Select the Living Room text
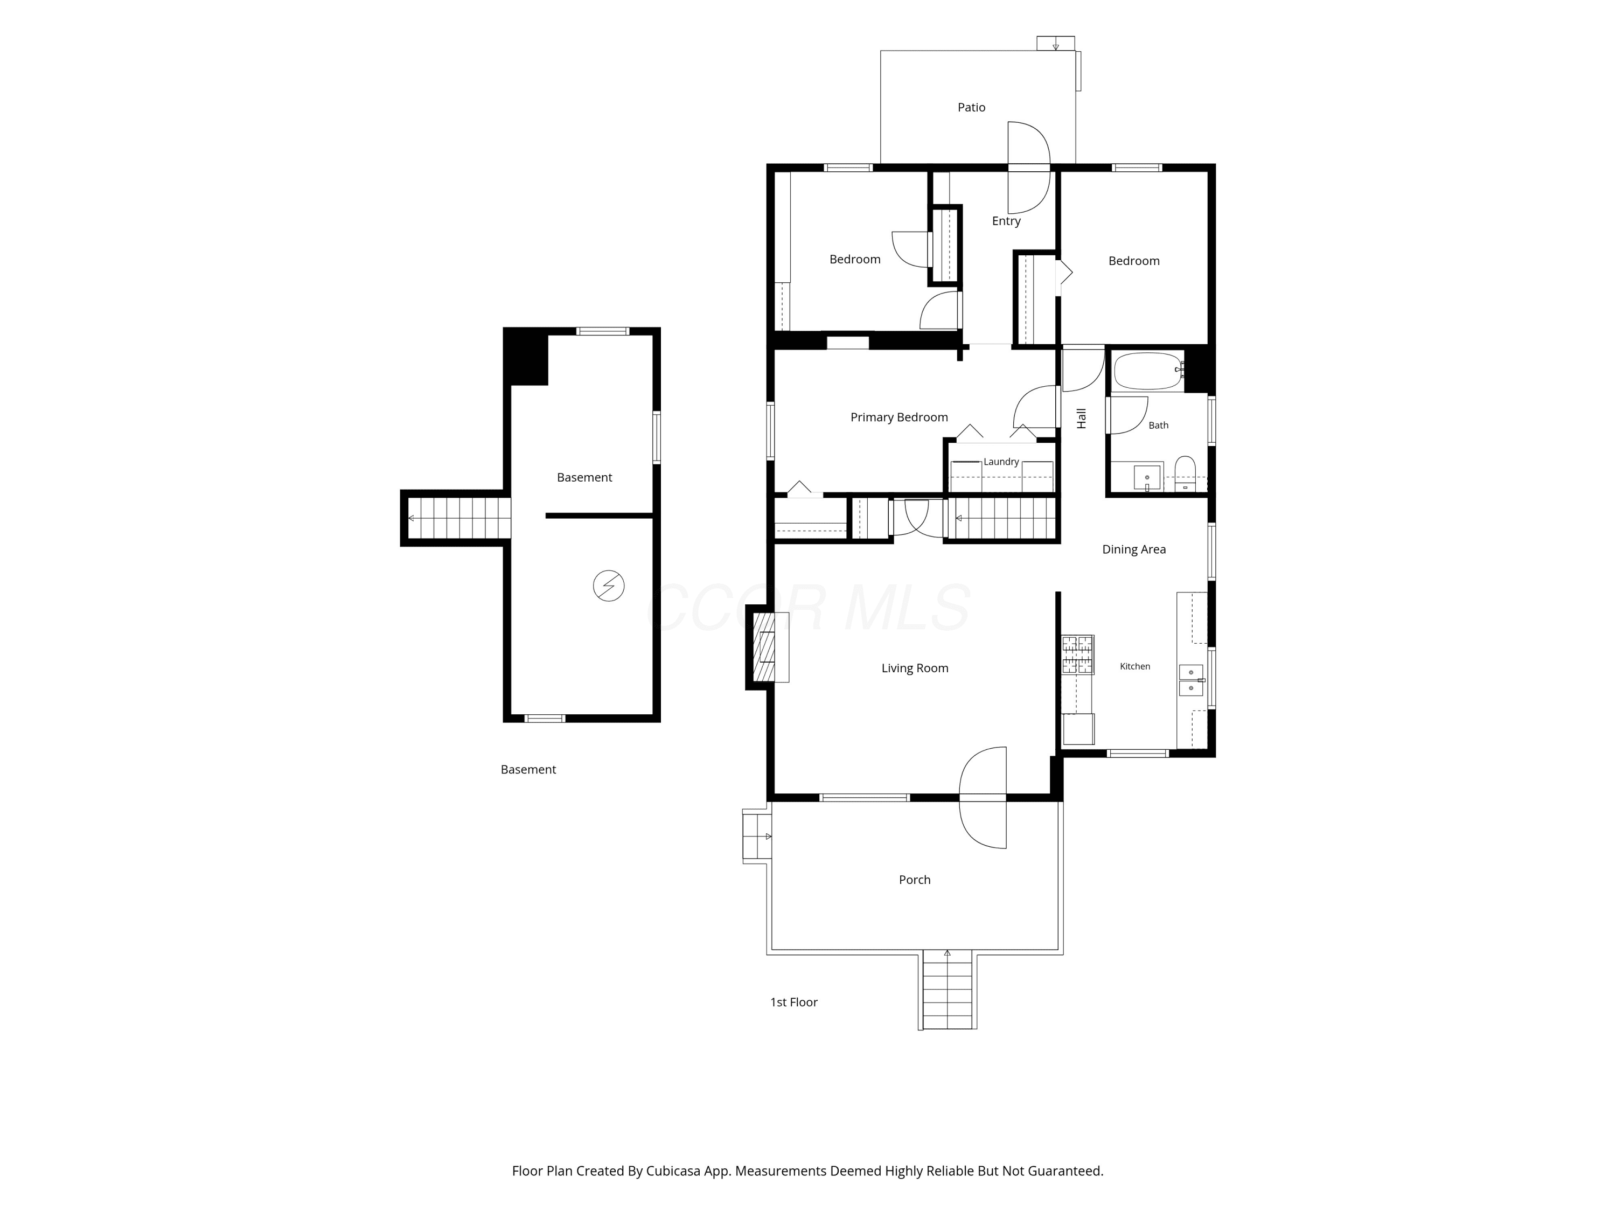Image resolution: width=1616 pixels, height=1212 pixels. (x=915, y=668)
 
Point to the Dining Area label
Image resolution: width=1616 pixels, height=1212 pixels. (x=1134, y=549)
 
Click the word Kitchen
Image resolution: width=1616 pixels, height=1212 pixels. (x=1134, y=666)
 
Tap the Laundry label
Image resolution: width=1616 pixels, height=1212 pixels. (x=1001, y=462)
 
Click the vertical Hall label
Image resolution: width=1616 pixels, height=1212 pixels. (x=1081, y=418)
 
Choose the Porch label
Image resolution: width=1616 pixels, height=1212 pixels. (x=915, y=880)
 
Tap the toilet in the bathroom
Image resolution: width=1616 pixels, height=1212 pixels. (x=1184, y=473)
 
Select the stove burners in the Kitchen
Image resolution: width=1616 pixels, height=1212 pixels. (x=1077, y=654)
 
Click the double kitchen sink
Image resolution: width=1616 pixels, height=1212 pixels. (x=1191, y=680)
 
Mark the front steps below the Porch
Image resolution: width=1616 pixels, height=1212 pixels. (x=948, y=990)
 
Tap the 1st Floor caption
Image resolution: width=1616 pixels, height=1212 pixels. (x=793, y=1002)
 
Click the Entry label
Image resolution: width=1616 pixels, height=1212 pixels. (x=1006, y=221)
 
